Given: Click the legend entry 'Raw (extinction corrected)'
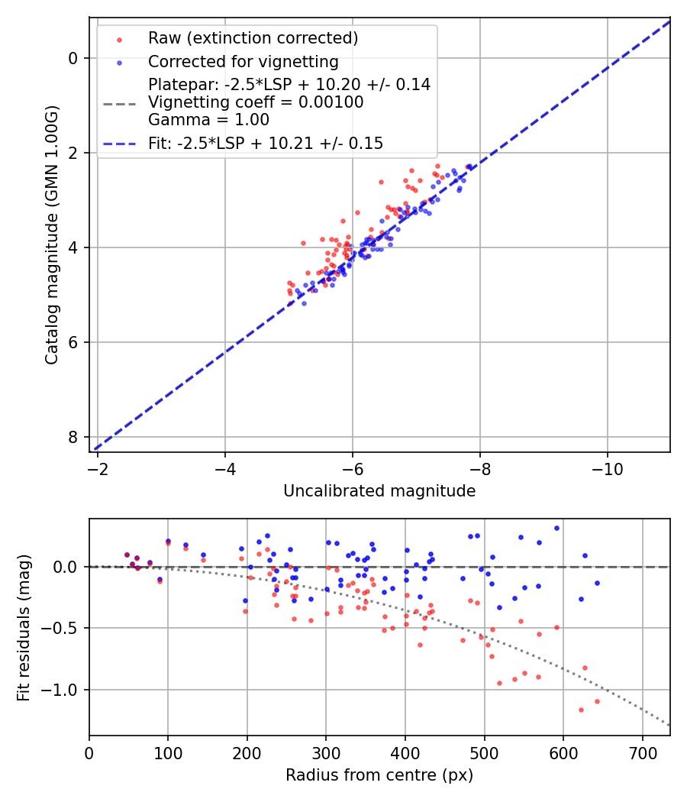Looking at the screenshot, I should tap(253, 38).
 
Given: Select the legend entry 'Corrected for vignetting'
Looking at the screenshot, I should tap(244, 62).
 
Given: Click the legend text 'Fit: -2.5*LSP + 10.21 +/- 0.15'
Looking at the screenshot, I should tap(266, 143).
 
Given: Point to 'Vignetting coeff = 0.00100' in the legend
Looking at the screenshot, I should tap(256, 102).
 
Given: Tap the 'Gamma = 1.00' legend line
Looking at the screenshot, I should tap(208, 120).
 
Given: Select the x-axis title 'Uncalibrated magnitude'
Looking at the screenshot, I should tap(379, 491).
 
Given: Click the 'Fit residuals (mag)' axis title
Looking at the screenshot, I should tap(24, 627).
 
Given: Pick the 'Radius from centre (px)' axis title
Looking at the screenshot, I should tap(379, 775).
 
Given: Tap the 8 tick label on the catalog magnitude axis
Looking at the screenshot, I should tap(73, 437).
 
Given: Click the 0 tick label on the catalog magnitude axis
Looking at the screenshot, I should tap(73, 58).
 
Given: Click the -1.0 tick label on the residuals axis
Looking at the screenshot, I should tap(65, 690).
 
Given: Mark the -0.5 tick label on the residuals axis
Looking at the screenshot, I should tap(65, 629).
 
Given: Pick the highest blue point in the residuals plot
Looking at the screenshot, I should tap(556, 528).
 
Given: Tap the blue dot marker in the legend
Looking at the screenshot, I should tap(119, 62).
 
